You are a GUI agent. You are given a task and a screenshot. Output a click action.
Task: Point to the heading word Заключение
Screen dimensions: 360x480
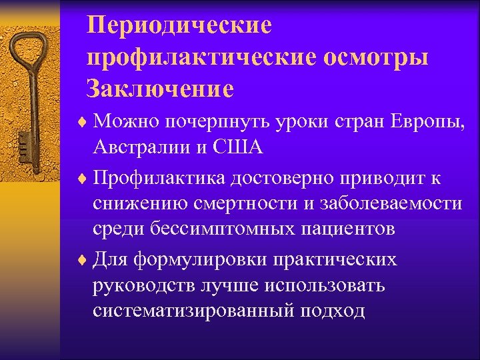tap(160, 88)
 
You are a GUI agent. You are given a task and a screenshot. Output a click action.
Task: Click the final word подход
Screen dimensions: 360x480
tap(339, 310)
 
